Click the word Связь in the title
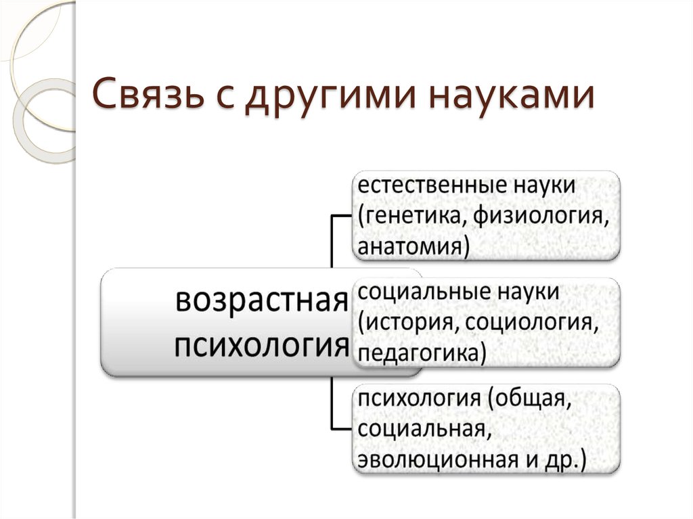click(148, 94)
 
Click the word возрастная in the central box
click(262, 301)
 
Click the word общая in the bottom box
click(531, 399)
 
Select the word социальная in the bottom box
click(424, 429)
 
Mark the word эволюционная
click(438, 460)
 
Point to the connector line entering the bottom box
click(332, 407)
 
